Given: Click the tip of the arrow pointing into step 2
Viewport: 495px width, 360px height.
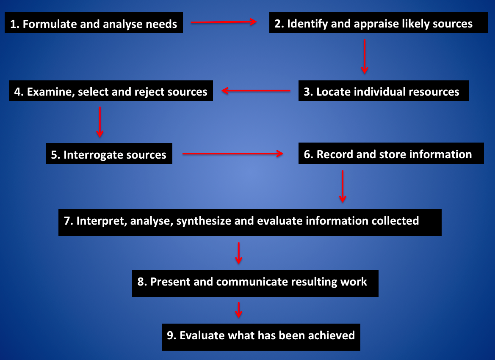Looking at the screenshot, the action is click(x=257, y=22).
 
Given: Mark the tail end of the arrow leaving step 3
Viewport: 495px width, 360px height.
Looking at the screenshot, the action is click(x=290, y=91).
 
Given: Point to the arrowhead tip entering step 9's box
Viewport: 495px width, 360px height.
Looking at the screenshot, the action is click(x=239, y=318).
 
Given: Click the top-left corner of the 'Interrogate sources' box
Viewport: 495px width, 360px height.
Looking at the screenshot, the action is click(x=46, y=143).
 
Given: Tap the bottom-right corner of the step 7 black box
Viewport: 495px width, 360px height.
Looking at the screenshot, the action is click(x=441, y=236).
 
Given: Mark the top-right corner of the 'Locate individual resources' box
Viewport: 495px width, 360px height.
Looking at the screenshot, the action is click(x=468, y=80).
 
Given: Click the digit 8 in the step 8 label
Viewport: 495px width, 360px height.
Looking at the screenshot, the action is click(x=141, y=282).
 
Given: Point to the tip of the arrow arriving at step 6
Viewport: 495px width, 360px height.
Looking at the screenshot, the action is click(x=283, y=154).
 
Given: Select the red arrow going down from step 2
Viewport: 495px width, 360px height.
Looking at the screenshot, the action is click(x=365, y=56).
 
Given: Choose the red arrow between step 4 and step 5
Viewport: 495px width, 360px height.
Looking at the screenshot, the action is click(x=100, y=122).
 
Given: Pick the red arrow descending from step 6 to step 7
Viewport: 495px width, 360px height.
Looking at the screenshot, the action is click(x=343, y=186).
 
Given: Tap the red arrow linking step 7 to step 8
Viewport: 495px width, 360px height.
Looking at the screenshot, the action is click(x=239, y=253).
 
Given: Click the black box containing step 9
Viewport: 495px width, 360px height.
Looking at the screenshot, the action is click(x=261, y=337).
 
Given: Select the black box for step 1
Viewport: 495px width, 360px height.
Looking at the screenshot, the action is click(x=94, y=23).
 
